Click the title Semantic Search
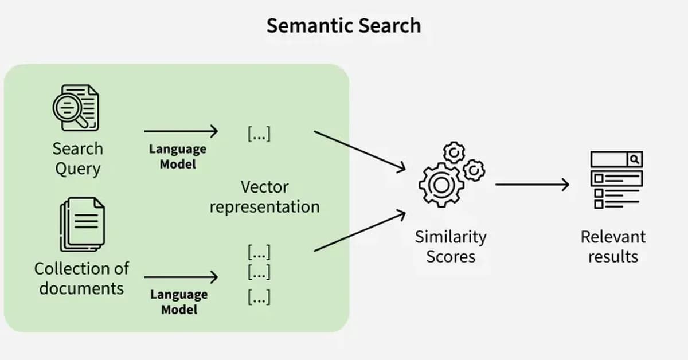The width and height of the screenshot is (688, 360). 343,26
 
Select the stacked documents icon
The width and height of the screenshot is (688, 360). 82,224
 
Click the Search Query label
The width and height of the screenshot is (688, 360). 78,159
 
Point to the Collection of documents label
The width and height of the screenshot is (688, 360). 81,278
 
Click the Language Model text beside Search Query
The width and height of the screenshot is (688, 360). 178,156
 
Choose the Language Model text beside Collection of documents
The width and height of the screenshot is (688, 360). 179,302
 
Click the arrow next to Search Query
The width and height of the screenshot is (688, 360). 181,131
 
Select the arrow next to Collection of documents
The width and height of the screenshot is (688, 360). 181,277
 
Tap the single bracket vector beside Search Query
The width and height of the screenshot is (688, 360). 259,134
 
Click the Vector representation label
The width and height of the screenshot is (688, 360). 264,197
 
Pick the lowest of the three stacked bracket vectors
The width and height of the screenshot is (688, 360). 259,298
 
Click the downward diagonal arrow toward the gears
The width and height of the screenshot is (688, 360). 359,150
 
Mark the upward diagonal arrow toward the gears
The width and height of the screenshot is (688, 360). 359,231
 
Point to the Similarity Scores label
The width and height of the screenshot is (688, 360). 451,246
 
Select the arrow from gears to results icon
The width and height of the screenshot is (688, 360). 532,185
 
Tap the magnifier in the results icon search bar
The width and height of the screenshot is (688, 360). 635,159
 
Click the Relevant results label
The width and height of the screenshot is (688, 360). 613,246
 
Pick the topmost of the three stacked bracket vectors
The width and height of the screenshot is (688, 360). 259,252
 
